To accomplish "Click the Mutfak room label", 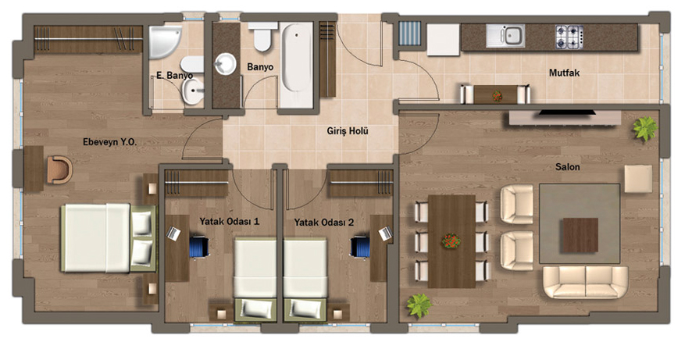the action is click(564, 73).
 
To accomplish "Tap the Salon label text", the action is click(568, 167).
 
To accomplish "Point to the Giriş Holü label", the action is click(348, 130).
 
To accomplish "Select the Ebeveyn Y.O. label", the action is click(109, 142).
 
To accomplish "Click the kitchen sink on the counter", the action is click(506, 35).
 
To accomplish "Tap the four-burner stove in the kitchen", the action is click(569, 37).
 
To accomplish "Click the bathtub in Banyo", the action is click(297, 65).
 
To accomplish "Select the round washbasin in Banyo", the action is click(225, 64).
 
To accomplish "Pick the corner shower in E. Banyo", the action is click(164, 41).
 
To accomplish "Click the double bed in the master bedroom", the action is click(109, 237).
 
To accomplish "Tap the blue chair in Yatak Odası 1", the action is click(198, 247).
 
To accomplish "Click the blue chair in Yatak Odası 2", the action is click(360, 247).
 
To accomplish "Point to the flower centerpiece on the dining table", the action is click(451, 241).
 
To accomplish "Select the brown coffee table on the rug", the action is click(580, 235).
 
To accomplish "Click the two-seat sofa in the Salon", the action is click(585, 282).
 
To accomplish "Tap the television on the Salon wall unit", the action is click(566, 112).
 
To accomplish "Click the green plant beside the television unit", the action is click(645, 128).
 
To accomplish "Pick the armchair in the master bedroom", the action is click(59, 170).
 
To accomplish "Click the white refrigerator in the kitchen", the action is click(443, 39).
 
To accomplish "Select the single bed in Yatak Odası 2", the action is click(305, 280).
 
